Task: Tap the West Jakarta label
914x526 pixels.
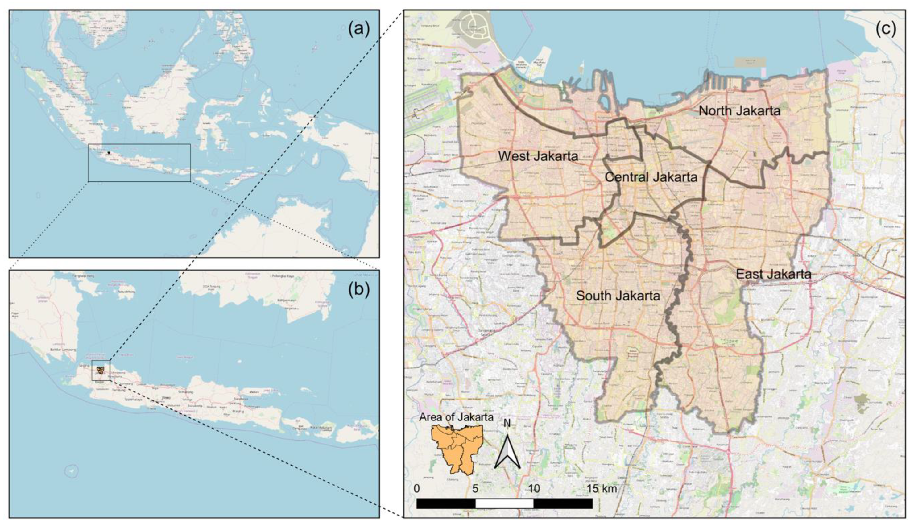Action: point(538,156)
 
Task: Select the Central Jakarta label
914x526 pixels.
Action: point(651,177)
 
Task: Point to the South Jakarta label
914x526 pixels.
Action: point(618,296)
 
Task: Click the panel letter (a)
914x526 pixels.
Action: point(358,29)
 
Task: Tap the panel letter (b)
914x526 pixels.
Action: point(358,290)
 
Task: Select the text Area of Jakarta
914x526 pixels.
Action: point(456,417)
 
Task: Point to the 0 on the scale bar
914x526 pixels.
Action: point(417,489)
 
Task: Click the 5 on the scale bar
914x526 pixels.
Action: point(475,489)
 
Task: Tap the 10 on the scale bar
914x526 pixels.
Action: point(534,489)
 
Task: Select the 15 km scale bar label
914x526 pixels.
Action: point(602,489)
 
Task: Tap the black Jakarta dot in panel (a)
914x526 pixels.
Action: point(108,153)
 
